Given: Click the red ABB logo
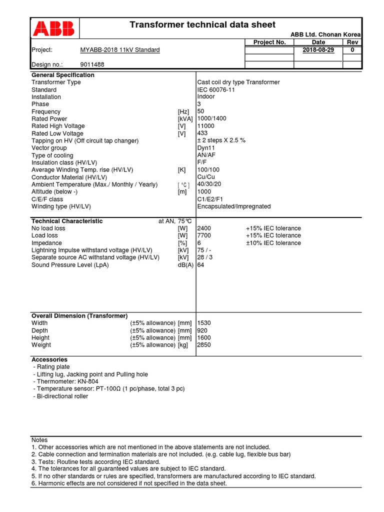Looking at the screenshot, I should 53,28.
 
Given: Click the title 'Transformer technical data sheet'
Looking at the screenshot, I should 202,25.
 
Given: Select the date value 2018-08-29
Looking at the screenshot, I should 318,50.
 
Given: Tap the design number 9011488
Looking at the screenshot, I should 92,64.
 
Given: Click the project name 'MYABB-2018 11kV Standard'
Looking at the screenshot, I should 120,50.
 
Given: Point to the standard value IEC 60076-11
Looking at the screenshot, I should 216,89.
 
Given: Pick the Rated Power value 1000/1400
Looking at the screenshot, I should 212,119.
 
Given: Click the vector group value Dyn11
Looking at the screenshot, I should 206,148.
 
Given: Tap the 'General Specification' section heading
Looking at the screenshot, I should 62,75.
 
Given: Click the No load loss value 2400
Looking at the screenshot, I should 204,228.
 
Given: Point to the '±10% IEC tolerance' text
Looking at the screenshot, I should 273,243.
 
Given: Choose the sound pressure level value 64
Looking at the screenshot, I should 201,265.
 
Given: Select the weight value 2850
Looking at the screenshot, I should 204,345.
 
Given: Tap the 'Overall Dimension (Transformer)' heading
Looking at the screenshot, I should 79,316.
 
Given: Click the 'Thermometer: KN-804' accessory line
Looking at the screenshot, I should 66,381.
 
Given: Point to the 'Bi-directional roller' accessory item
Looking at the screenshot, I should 61,396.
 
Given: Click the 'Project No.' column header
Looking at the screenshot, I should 269,42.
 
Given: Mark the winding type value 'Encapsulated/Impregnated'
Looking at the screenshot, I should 234,206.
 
